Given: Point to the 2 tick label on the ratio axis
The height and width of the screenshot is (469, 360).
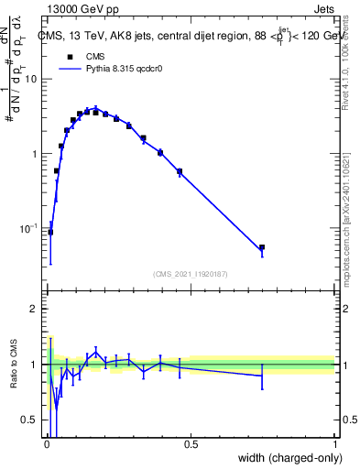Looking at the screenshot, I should pyautogui.click(x=35, y=309).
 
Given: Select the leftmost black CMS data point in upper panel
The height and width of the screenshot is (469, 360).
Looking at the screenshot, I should pyautogui.click(x=50, y=232).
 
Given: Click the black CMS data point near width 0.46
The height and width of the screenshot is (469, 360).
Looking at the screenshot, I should pyautogui.click(x=180, y=171).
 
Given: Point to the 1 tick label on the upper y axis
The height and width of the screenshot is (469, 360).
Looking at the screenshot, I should pyautogui.click(x=35, y=153).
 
